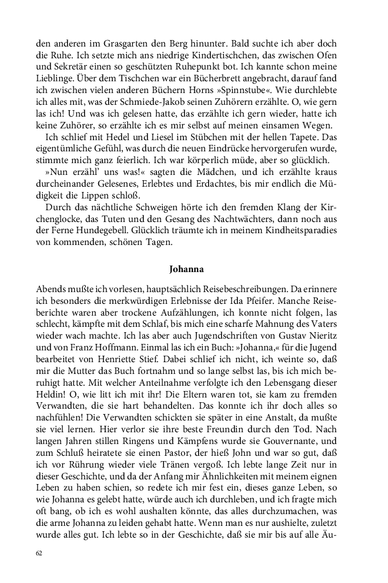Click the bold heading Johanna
pyautogui.click(x=186, y=270)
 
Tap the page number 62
pyautogui.click(x=39, y=554)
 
